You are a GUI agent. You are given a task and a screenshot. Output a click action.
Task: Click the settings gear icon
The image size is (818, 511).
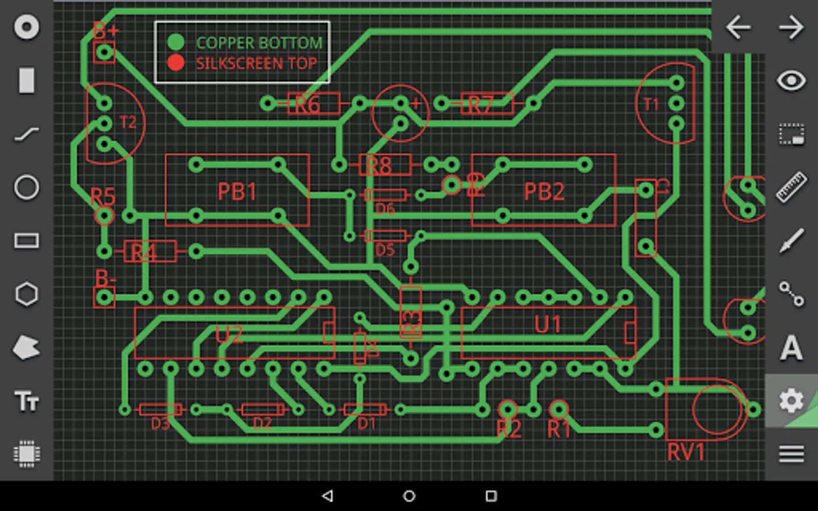pos(791,401)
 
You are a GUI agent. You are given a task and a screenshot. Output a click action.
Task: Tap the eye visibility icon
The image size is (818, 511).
pos(791,81)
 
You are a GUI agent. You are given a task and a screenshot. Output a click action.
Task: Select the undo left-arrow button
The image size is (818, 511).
pos(738,27)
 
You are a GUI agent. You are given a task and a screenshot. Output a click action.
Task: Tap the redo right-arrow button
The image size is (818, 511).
pos(791,27)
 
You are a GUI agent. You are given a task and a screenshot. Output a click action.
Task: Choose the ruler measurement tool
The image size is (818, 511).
pos(791,187)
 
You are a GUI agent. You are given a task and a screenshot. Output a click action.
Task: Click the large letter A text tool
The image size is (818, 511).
pos(791,347)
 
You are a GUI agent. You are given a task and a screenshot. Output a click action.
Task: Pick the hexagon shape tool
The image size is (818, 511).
pos(27,294)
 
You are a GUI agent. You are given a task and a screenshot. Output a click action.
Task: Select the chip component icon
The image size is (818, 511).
pos(27,454)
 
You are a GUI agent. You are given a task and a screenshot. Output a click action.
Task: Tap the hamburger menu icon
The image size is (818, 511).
pos(791,454)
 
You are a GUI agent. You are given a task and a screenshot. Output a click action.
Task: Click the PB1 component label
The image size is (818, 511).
pos(237,192)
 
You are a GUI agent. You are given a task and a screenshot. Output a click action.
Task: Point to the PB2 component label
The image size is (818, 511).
pos(544,192)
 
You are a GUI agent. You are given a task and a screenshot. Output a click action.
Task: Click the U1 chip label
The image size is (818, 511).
pos(548,325)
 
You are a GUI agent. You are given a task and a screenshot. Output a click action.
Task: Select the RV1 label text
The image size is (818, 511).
pos(686,453)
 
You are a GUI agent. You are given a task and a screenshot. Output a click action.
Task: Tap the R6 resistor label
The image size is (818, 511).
pos(307,105)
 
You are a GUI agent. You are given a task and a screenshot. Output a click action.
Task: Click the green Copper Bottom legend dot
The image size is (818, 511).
pos(176,42)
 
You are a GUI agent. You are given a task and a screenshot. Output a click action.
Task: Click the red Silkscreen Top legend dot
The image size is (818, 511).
pos(176,62)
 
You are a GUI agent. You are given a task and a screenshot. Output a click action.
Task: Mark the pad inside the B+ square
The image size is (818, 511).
pos(104,53)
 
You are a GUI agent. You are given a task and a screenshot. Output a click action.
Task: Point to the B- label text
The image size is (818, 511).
pos(105,278)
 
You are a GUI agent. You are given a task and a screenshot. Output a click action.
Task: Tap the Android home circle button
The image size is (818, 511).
pos(409,496)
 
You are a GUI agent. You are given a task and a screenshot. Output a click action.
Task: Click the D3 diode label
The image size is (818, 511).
pos(160,424)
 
